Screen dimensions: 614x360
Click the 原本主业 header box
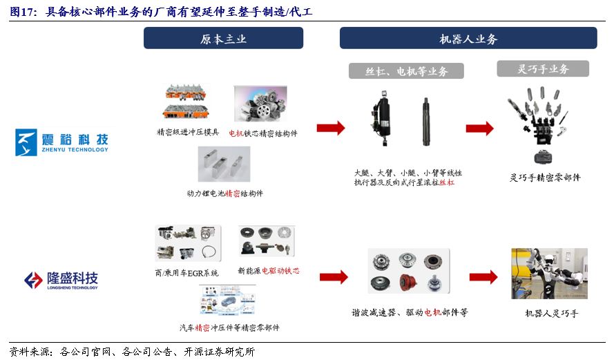[x=223, y=39]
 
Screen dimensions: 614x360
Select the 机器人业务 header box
[x=468, y=39]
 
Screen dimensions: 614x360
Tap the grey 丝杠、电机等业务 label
[x=407, y=71]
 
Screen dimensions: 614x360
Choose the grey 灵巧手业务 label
[x=542, y=68]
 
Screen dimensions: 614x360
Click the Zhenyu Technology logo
[x=62, y=142]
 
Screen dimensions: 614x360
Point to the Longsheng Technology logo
[x=61, y=280]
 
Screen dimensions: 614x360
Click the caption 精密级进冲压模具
[x=188, y=132]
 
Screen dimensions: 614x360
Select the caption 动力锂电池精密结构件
[x=224, y=193]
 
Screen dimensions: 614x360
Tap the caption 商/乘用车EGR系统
[x=186, y=272]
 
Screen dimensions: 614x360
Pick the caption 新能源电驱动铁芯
[x=268, y=271]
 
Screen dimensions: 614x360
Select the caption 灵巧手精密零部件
[x=545, y=178]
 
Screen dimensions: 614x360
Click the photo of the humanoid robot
[x=549, y=274]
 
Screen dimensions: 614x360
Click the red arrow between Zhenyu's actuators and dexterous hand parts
[x=479, y=128]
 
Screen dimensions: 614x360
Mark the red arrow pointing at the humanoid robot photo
[x=483, y=276]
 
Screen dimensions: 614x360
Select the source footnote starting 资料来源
[x=131, y=351]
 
